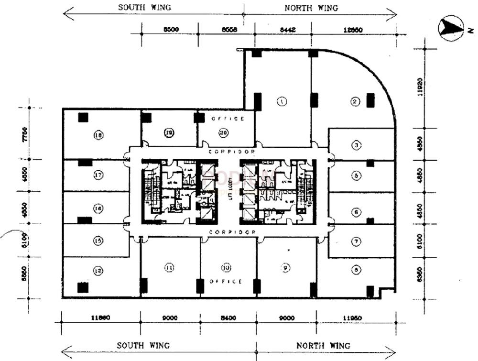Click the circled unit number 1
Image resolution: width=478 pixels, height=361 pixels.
pos(282,101)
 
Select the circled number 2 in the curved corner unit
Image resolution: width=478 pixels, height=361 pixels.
pos(355,101)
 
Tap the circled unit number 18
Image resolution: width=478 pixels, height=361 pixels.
pos(99,136)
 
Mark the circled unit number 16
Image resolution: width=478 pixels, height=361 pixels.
pos(98,208)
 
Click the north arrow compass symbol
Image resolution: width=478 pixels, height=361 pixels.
pos(451,28)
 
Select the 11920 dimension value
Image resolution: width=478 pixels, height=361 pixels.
pos(419,88)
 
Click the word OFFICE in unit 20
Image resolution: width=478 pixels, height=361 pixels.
pos(227,119)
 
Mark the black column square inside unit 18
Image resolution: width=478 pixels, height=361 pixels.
pos(84,117)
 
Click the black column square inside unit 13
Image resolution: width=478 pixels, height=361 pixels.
pos(83,287)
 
